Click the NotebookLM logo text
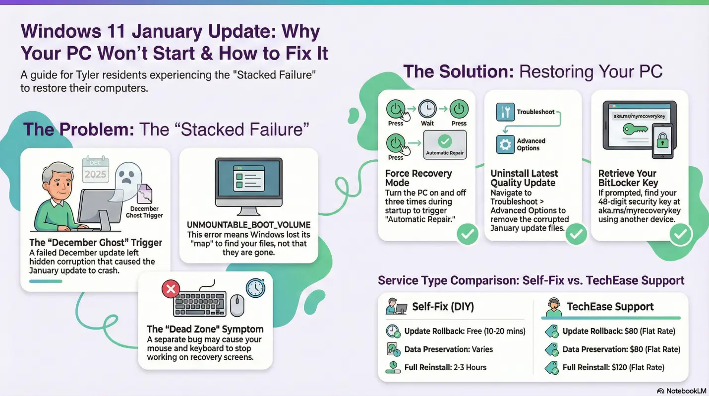point(686,391)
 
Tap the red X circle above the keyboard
point(171,289)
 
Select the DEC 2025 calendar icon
point(95,170)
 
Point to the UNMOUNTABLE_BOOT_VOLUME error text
point(248,225)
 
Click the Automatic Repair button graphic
point(445,144)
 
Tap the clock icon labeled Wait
point(427,109)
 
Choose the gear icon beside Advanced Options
point(505,144)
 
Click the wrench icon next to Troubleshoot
point(505,112)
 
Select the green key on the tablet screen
point(635,129)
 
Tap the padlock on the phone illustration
point(662,140)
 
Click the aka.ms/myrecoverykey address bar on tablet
point(639,116)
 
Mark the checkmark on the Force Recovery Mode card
point(467,234)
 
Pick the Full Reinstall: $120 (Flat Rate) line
point(613,367)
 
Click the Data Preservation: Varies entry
point(448,349)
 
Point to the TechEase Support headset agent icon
point(554,307)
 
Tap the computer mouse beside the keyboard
point(237,305)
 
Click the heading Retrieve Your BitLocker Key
point(628,178)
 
